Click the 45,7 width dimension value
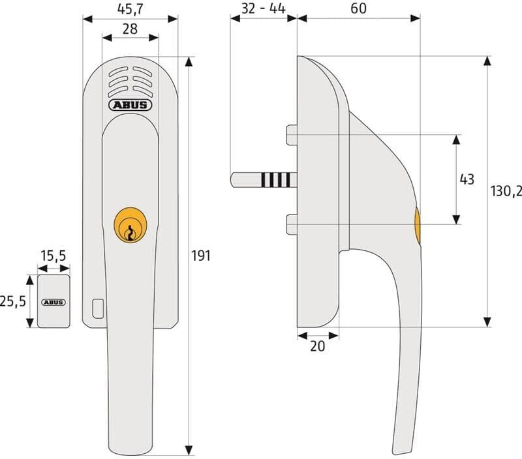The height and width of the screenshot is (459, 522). click(130, 9)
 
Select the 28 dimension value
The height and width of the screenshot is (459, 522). click(130, 29)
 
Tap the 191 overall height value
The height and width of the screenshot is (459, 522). click(201, 256)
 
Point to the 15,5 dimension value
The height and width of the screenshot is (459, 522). click(54, 256)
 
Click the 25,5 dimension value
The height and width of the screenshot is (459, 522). click(12, 301)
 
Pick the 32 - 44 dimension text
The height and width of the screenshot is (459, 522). click(263, 8)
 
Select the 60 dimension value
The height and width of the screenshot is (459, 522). click(358, 8)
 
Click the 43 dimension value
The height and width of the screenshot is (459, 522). click(467, 179)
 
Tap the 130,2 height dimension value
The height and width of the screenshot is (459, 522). click(506, 191)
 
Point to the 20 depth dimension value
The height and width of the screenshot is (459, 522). click(317, 346)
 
